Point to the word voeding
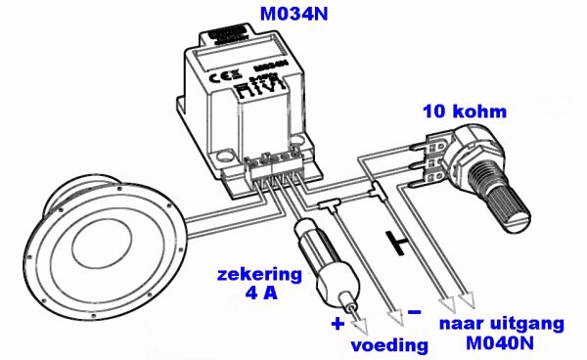coord(389,343)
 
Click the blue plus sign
coord(339,322)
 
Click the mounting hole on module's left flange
coord(228,154)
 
